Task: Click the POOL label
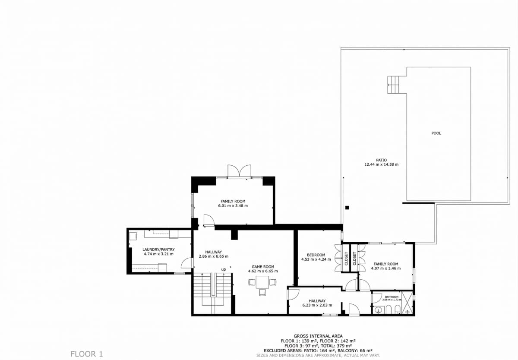click(436, 133)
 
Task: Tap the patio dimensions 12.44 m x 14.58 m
click(381, 164)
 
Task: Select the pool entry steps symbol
click(394, 84)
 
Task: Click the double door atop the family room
click(239, 171)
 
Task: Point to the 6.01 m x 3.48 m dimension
click(233, 206)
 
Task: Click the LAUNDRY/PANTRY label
click(158, 249)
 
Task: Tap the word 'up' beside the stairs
click(224, 269)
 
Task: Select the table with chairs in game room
click(262, 283)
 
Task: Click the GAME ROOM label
click(263, 267)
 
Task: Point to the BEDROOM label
click(316, 255)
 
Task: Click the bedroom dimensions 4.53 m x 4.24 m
click(316, 260)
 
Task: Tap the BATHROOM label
click(392, 297)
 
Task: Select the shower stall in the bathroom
click(407, 306)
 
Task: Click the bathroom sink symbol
click(379, 309)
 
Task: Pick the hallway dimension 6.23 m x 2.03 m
click(317, 306)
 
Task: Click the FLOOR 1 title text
click(86, 354)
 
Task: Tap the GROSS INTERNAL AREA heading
click(318, 336)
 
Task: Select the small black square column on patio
click(347, 208)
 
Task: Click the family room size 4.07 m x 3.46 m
click(385, 268)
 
